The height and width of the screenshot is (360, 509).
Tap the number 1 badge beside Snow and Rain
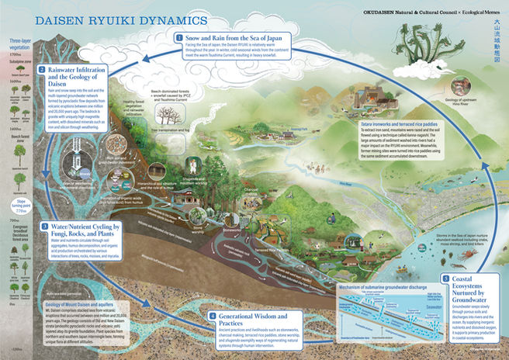point(179,37)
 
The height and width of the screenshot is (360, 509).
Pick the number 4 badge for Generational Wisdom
point(211,316)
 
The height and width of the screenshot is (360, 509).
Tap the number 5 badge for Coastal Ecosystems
point(445,278)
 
